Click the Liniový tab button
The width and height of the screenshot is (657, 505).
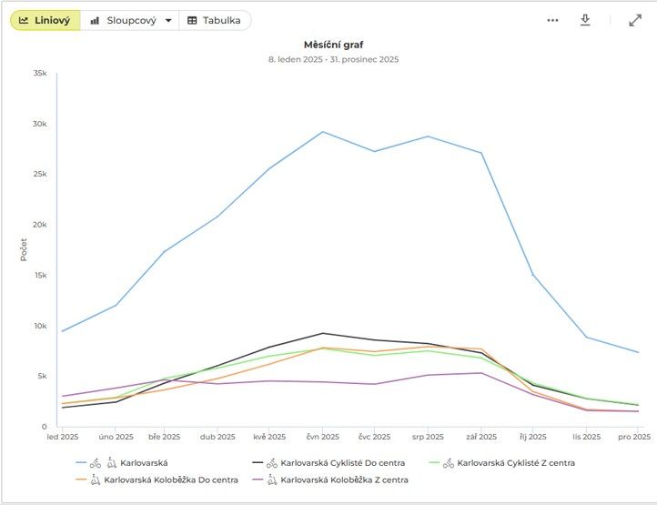45,20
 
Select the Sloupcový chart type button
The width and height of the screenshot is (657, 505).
130,20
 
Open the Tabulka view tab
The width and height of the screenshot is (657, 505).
215,20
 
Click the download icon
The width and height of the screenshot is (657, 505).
585,20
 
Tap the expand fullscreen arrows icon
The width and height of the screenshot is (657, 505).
635,20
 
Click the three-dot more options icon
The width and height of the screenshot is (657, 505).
552,20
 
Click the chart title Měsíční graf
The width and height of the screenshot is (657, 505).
333,44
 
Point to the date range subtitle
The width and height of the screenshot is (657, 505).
333,59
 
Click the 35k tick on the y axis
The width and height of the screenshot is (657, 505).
39,74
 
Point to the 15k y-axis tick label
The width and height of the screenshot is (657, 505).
39,276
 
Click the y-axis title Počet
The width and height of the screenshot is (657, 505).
24,249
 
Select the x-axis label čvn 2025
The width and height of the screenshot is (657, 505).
323,437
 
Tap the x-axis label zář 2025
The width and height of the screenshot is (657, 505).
481,437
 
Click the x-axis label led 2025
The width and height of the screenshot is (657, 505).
63,437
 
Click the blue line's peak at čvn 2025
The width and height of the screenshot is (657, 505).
323,132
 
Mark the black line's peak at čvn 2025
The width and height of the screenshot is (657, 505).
323,333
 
